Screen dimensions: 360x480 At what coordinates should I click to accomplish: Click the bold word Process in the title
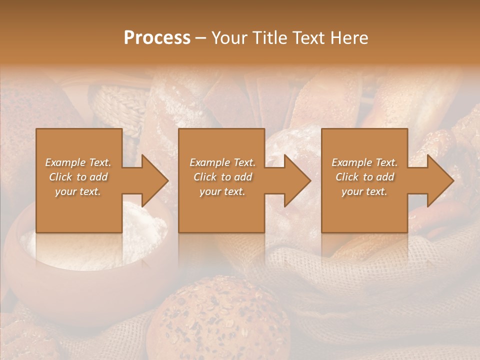(157, 38)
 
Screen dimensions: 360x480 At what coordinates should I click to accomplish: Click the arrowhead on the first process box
(154, 180)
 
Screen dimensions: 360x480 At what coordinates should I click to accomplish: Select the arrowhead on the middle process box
(296, 180)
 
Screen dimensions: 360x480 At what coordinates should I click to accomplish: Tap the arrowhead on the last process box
(439, 180)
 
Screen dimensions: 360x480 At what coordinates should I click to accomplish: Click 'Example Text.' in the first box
(78, 162)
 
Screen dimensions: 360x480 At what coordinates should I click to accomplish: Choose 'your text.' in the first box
(78, 191)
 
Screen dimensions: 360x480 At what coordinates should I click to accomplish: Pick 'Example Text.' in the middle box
(222, 162)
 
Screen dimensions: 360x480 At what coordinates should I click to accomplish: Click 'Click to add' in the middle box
(222, 177)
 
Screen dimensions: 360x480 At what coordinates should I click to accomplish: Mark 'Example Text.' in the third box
(364, 162)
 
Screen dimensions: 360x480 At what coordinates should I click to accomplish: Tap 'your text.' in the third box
(364, 191)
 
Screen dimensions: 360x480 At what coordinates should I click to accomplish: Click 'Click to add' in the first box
(78, 177)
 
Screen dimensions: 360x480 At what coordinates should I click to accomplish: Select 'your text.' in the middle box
(222, 191)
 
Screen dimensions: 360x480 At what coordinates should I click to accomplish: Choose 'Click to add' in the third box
(364, 177)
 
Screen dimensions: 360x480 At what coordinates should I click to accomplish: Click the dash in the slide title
(201, 38)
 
